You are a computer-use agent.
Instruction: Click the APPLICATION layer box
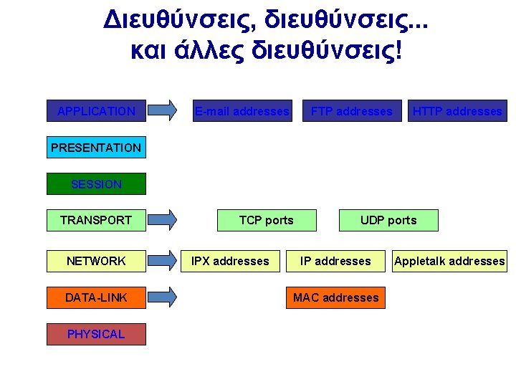(x=96, y=111)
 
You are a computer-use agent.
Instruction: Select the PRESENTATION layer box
(x=96, y=148)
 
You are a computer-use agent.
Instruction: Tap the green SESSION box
(x=96, y=184)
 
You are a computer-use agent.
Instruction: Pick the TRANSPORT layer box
(x=96, y=220)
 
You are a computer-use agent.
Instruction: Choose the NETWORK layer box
(x=96, y=261)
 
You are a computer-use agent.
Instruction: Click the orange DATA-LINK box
(x=96, y=297)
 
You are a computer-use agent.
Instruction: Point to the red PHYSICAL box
(x=96, y=334)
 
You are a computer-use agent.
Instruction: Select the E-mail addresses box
(x=242, y=111)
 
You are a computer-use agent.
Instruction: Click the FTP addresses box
(x=351, y=111)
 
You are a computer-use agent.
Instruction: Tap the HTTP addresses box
(x=457, y=111)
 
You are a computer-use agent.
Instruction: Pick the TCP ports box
(x=267, y=220)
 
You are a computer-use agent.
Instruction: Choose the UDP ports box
(x=388, y=220)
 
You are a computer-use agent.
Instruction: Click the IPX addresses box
(x=230, y=261)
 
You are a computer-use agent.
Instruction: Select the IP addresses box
(x=335, y=261)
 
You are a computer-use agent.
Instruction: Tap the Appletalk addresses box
(x=449, y=261)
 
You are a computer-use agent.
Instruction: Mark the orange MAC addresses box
(x=335, y=297)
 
